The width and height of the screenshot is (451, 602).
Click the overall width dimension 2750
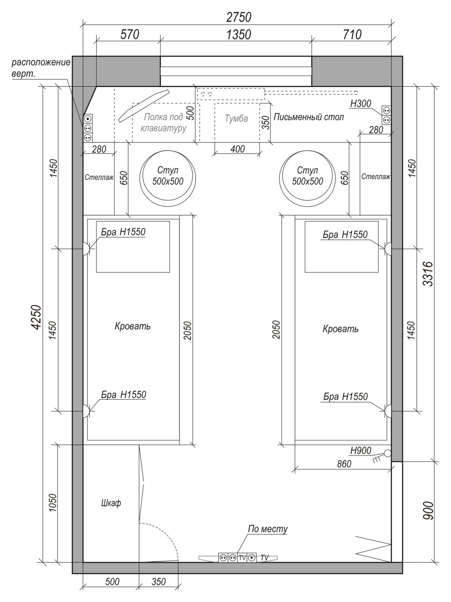pyautogui.click(x=239, y=17)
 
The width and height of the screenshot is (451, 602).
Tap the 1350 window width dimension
pyautogui.click(x=239, y=35)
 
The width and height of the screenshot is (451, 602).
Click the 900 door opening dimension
pyautogui.click(x=427, y=511)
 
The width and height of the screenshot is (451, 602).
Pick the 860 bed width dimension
pyautogui.click(x=344, y=464)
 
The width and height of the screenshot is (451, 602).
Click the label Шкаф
pyautogui.click(x=111, y=503)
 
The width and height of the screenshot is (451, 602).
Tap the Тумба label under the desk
pyautogui.click(x=236, y=119)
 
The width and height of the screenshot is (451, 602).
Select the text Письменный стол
pyautogui.click(x=309, y=117)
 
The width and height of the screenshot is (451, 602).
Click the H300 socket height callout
pyautogui.click(x=361, y=103)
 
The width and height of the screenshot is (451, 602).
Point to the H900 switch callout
pyautogui.click(x=361, y=451)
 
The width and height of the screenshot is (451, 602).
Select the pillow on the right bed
pyautogui.click(x=341, y=247)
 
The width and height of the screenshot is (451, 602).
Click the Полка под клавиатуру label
pyautogui.click(x=163, y=123)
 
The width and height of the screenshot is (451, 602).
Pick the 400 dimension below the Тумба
pyautogui.click(x=238, y=149)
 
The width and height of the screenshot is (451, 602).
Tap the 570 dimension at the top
pyautogui.click(x=130, y=35)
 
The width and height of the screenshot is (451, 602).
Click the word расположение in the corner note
pyautogui.click(x=41, y=63)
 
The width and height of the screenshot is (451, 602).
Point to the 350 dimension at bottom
pyautogui.click(x=158, y=582)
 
